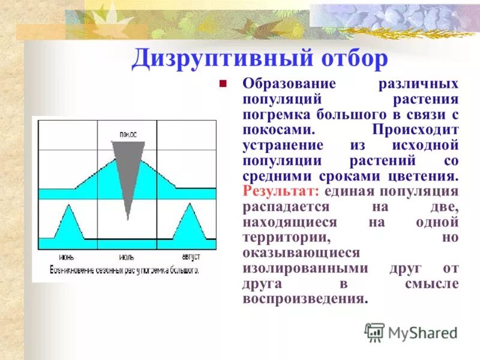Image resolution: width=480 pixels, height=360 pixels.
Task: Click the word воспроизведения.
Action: (x=305, y=299)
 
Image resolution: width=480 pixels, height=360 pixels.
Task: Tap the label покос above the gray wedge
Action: (x=127, y=134)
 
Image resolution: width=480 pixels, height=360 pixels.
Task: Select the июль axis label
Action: (x=126, y=256)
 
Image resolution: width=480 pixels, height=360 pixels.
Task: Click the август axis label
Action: (x=188, y=256)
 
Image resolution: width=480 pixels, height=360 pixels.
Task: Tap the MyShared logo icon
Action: (x=375, y=332)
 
